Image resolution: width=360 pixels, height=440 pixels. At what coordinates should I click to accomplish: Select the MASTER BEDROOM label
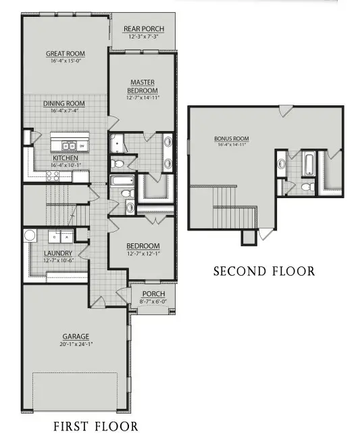[143, 87]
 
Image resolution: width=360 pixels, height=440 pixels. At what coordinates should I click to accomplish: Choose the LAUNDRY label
[57, 253]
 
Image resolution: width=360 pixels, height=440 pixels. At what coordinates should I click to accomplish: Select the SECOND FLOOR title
[263, 272]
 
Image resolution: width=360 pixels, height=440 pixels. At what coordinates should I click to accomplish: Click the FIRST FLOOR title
[95, 426]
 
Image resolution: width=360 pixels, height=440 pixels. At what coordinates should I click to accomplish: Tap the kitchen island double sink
[69, 145]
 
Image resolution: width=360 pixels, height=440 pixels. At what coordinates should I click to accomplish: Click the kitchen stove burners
[53, 176]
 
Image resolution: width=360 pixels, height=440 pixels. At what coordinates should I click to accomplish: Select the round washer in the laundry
[30, 236]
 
